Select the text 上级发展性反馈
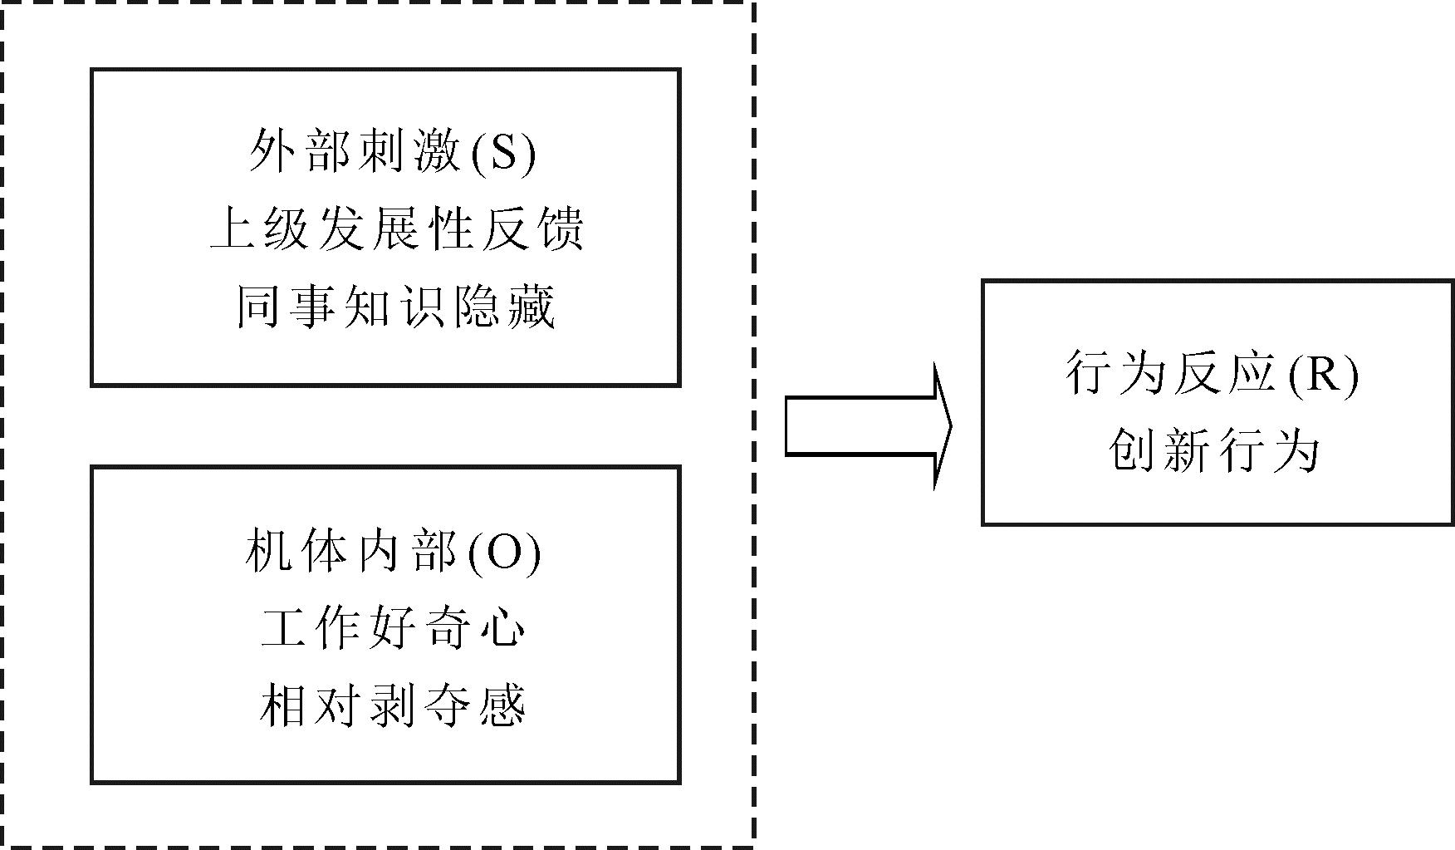396,228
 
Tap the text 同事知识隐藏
395,307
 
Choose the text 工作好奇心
393,629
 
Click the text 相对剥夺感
393,706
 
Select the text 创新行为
1212,451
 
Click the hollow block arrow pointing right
868,426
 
